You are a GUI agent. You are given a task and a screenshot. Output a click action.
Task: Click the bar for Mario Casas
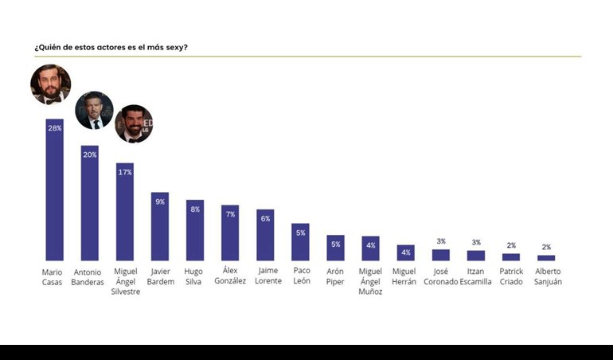pos(54,191)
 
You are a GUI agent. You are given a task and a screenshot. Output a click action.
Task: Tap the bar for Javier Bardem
pos(159,227)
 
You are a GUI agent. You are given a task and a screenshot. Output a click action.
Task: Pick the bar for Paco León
pos(300,242)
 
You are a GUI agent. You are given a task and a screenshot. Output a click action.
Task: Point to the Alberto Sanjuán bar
pos(546,258)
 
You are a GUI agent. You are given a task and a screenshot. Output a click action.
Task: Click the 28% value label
pos(54,128)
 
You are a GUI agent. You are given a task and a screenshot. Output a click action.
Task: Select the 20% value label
pos(89,155)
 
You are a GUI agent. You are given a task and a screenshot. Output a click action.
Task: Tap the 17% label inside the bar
pos(124,172)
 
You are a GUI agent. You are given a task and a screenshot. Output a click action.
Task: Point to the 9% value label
pos(159,202)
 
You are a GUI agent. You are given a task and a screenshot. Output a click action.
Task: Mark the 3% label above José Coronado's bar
pos(441,241)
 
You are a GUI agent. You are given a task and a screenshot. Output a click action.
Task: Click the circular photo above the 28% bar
pos(51,84)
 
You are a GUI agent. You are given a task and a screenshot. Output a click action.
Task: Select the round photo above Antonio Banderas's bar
pos(94,110)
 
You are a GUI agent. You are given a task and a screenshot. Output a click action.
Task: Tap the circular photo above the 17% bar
pos(133,123)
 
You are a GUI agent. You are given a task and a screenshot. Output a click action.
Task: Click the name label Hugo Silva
pos(193,276)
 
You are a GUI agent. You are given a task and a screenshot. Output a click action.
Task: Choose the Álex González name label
pos(230,276)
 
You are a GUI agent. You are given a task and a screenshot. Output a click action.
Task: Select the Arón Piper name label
pos(335,276)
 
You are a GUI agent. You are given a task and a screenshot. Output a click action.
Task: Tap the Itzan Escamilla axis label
pos(475,276)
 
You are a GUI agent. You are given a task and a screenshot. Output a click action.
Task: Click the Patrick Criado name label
pos(511,276)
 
